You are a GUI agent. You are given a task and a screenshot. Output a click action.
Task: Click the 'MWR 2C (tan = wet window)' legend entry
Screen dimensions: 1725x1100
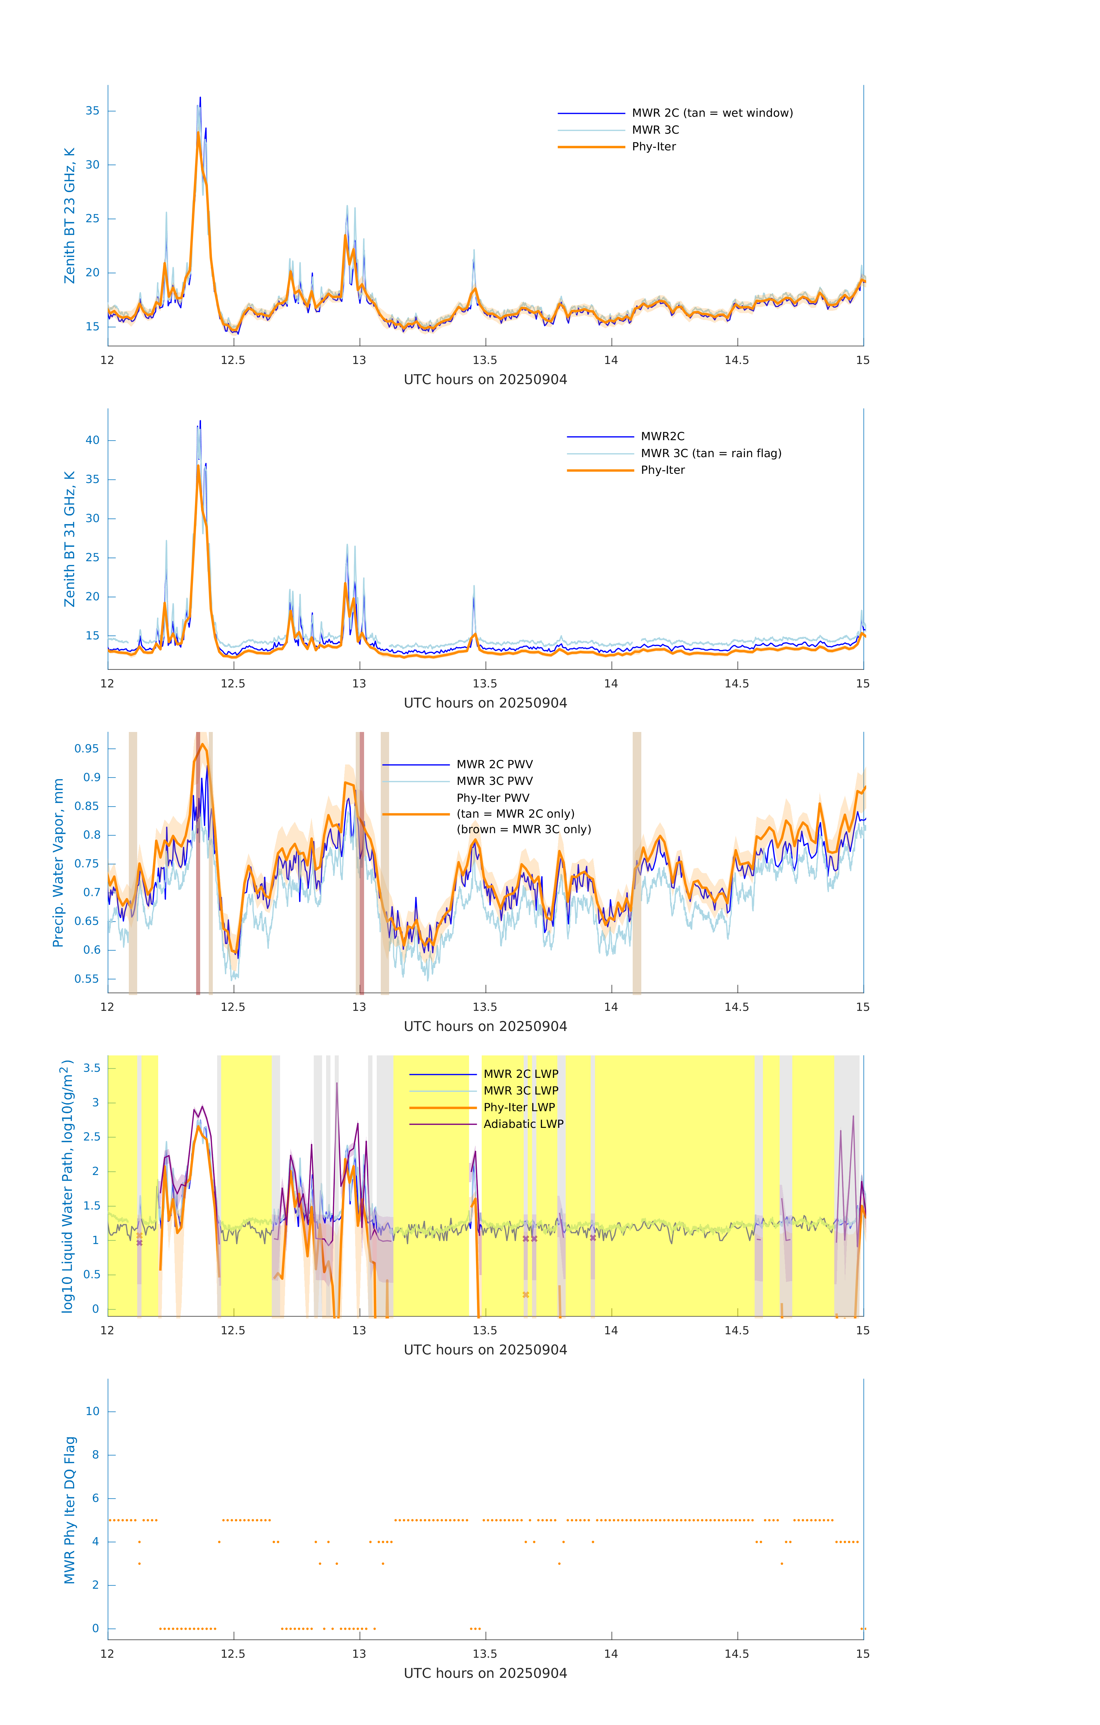coord(711,113)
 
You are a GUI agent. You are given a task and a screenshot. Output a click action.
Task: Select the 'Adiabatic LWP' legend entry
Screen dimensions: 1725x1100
coord(523,1124)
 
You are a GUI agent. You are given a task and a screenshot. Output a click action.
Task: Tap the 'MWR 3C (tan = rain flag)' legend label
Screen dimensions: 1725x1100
coord(711,453)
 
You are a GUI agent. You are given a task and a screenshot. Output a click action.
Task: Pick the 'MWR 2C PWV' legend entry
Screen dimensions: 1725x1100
coord(494,764)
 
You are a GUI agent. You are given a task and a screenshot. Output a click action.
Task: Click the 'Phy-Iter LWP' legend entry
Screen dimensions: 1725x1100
coord(519,1107)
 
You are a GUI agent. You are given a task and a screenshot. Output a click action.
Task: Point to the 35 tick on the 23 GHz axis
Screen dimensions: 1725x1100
coord(92,111)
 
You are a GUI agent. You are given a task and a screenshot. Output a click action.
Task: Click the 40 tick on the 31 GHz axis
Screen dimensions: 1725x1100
coord(92,440)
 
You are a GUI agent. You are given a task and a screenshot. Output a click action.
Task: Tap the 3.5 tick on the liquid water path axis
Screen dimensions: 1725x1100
coord(92,1068)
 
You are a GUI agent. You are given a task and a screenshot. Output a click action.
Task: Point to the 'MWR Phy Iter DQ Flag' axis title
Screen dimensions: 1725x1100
coord(70,1510)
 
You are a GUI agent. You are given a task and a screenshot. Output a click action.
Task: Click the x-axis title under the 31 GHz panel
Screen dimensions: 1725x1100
coord(485,704)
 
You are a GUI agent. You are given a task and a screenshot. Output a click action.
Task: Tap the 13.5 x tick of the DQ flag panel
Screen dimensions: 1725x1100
coord(485,1654)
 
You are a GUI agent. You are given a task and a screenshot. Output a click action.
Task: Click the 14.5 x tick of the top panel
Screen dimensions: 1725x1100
coord(737,360)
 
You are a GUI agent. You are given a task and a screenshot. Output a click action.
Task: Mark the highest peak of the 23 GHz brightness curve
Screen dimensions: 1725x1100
coord(200,98)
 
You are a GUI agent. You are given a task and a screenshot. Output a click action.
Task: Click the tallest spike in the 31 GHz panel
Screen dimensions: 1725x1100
coord(200,421)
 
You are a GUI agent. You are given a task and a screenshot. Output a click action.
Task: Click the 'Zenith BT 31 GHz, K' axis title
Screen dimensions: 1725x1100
coord(70,539)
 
